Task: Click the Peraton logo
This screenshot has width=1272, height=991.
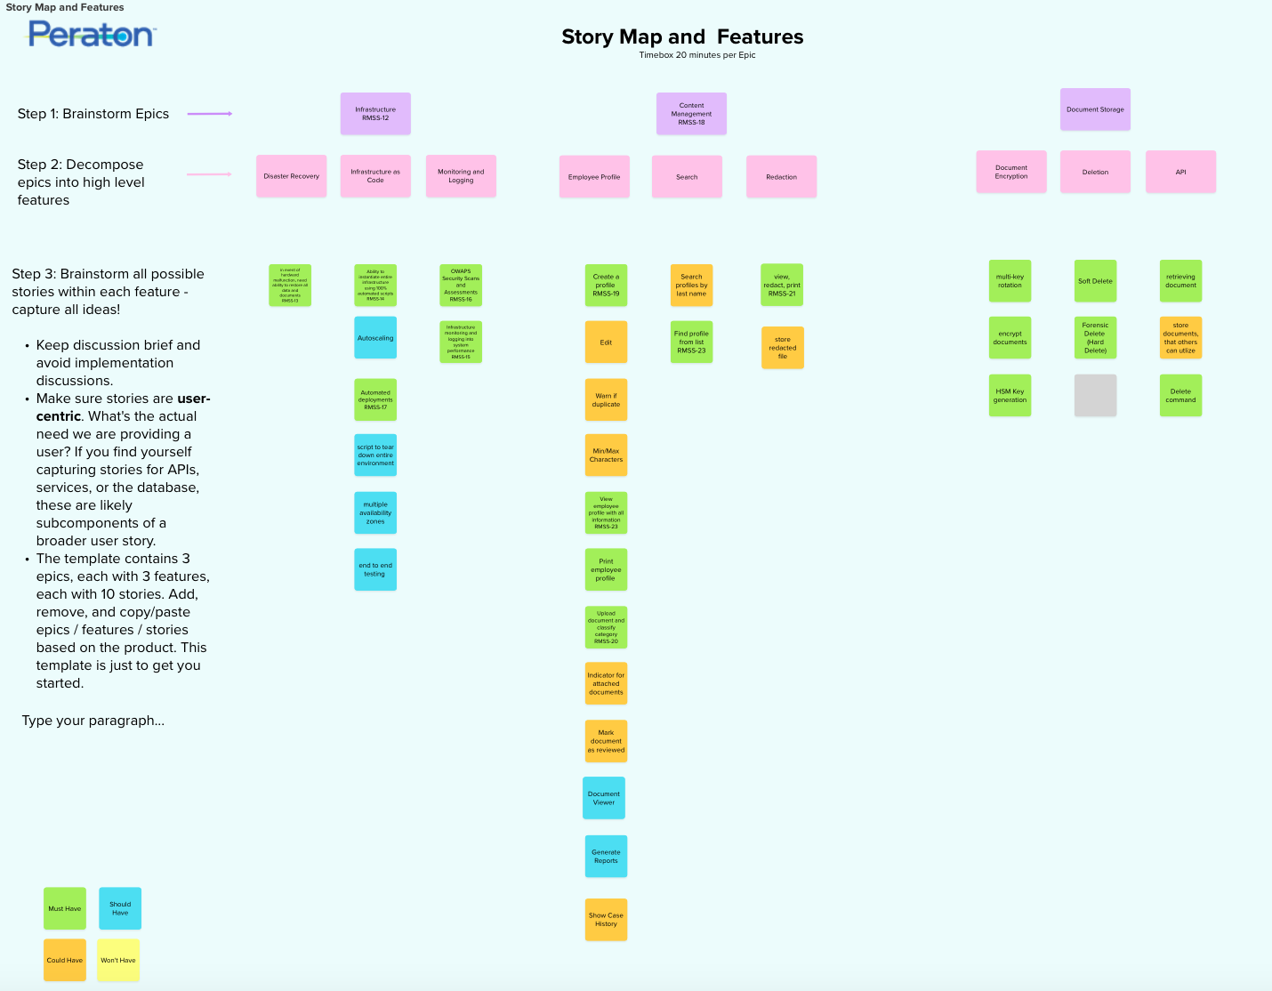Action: point(92,34)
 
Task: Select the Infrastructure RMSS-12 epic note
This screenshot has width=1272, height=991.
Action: point(375,114)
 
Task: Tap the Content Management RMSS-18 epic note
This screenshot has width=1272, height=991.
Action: point(691,114)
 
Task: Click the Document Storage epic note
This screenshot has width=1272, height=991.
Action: point(1095,109)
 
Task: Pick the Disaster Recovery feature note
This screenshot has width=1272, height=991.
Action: point(291,176)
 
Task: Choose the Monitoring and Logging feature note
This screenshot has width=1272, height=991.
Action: point(461,176)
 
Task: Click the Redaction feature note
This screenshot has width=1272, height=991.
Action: point(781,176)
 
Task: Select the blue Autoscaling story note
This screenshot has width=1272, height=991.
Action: point(375,338)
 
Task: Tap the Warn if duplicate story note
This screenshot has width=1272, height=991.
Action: point(606,399)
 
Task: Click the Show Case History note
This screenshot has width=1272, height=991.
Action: point(606,919)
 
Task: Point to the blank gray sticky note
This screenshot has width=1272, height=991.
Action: point(1095,395)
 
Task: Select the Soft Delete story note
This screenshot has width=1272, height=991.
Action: point(1095,281)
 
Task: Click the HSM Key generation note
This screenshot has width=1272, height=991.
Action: point(1010,395)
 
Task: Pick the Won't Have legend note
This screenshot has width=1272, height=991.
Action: point(118,960)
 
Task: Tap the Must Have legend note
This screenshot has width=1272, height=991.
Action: point(65,908)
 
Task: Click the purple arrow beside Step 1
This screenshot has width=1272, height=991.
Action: point(210,114)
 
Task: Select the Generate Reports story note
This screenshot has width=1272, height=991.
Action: point(606,856)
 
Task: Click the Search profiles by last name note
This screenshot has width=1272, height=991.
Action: point(691,285)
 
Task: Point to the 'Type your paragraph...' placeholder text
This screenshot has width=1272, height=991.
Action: point(93,721)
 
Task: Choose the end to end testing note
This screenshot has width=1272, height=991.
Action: point(375,569)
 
